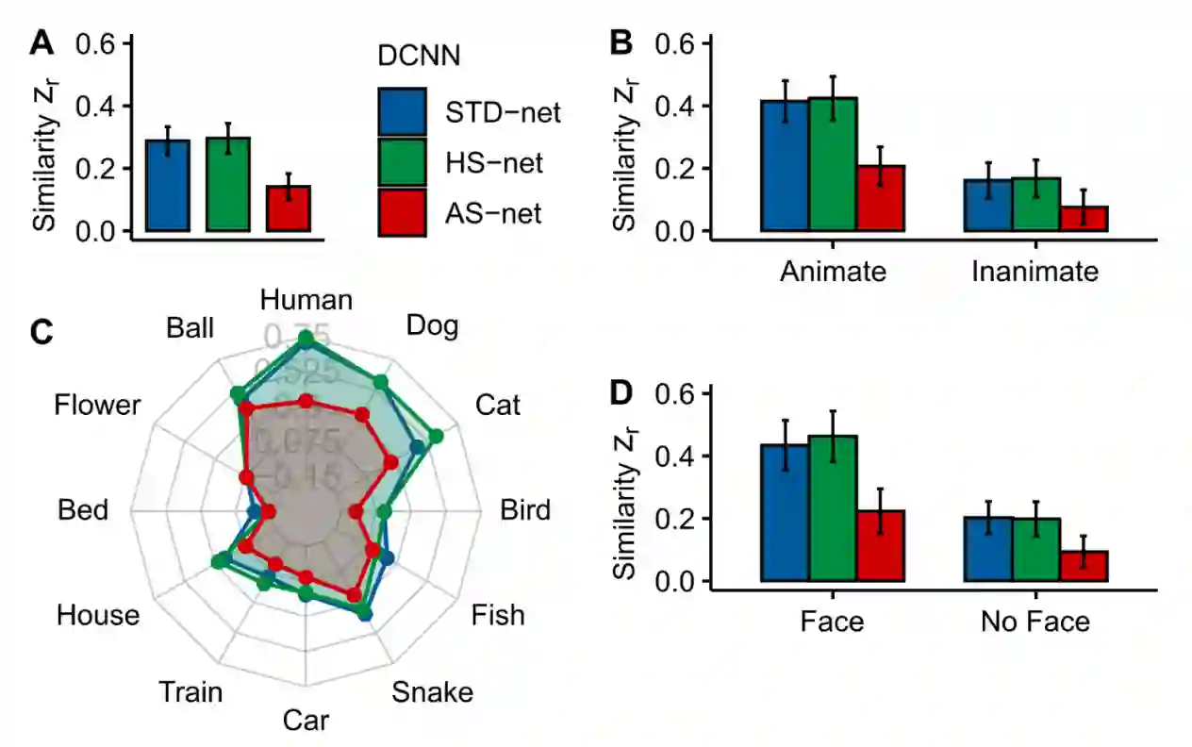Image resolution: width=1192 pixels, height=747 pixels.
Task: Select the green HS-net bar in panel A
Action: coord(228,185)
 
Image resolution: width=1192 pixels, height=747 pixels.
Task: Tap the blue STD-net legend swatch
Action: coord(404,112)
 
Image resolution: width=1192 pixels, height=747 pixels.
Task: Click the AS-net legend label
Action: coord(494,214)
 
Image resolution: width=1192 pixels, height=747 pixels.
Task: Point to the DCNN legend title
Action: coord(419,56)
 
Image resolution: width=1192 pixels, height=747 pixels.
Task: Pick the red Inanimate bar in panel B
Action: coord(1084,219)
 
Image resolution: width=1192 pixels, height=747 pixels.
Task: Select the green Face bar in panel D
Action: coord(833,508)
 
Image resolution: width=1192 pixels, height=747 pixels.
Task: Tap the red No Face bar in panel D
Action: coord(1084,566)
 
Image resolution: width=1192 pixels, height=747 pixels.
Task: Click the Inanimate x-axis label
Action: coord(1035,272)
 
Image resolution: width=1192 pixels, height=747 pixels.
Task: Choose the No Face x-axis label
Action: coord(1035,622)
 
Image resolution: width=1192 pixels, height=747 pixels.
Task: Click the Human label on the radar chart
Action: coord(306,301)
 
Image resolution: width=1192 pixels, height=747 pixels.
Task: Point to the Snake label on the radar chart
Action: coord(432,692)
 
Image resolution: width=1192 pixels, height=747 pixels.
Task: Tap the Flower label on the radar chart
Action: coord(97,406)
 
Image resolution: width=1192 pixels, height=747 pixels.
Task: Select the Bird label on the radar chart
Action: coord(524,510)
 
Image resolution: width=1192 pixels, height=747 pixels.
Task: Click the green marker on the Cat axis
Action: coord(436,435)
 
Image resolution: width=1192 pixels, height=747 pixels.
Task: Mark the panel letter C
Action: coord(42,333)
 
